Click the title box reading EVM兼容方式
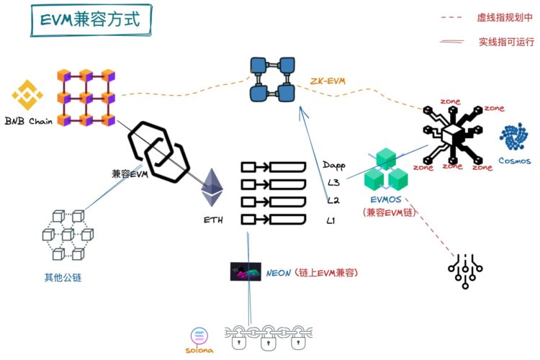tap(91, 20)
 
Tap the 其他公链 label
tap(63, 277)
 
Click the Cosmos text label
tap(515, 161)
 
